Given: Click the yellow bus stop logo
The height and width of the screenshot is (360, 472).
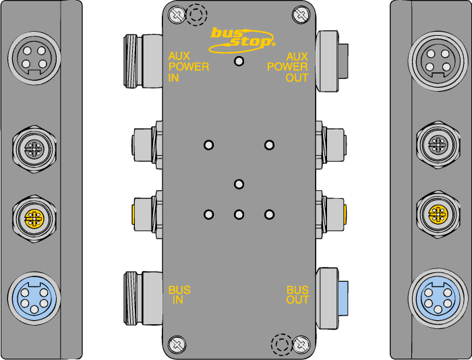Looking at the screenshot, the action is coord(241,40).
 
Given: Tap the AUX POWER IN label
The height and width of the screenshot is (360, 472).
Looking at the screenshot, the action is coord(188,67).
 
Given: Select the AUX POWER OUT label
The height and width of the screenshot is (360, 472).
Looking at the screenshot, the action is coord(288,67).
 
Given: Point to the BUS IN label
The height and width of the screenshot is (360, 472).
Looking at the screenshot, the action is coord(179,295).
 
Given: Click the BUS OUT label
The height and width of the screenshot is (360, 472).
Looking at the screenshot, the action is coord(298,295).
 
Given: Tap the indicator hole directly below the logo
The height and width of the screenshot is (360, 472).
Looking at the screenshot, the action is coord(239,61).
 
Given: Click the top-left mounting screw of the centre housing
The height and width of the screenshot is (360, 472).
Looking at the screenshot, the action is coord(177,14).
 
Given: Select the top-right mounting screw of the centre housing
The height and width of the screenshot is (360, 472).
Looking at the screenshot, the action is coord(301,14).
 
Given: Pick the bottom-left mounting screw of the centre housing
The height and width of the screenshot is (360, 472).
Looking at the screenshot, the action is coord(177,344).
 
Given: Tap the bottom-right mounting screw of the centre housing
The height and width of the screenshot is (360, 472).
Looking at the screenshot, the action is coord(301,344).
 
